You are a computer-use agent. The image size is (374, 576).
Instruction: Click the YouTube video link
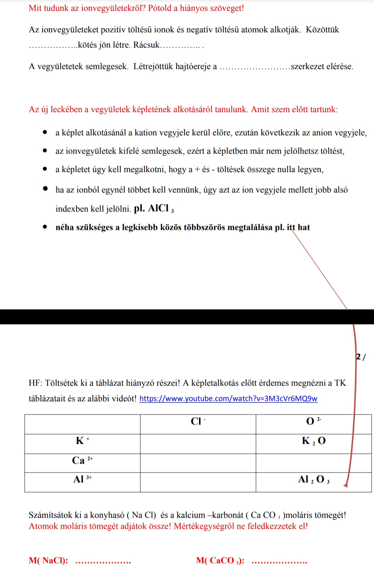pyautogui.click(x=228, y=399)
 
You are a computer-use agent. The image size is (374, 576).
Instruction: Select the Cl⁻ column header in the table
pyautogui.click(x=198, y=421)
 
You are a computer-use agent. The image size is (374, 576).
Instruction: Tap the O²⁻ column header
pyautogui.click(x=313, y=421)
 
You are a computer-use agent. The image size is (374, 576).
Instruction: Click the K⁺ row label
pyautogui.click(x=82, y=441)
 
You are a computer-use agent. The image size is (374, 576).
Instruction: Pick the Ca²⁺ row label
pyautogui.click(x=82, y=461)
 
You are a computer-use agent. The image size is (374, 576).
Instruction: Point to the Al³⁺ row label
pyautogui.click(x=82, y=480)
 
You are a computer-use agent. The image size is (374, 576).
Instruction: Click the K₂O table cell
pyautogui.click(x=313, y=441)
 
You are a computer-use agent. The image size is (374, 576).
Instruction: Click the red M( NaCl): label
pyautogui.click(x=48, y=560)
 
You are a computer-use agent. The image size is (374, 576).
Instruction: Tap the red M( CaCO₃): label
pyautogui.click(x=220, y=560)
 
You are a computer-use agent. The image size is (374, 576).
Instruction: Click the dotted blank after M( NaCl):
pyautogui.click(x=103, y=562)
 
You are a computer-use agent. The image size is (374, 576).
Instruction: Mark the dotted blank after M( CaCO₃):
pyautogui.click(x=279, y=562)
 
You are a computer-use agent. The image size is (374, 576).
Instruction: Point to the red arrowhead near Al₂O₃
pyautogui.click(x=345, y=485)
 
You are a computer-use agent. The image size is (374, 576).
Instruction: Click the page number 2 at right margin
pyautogui.click(x=359, y=356)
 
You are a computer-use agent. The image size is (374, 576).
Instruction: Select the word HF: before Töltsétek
pyautogui.click(x=35, y=383)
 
